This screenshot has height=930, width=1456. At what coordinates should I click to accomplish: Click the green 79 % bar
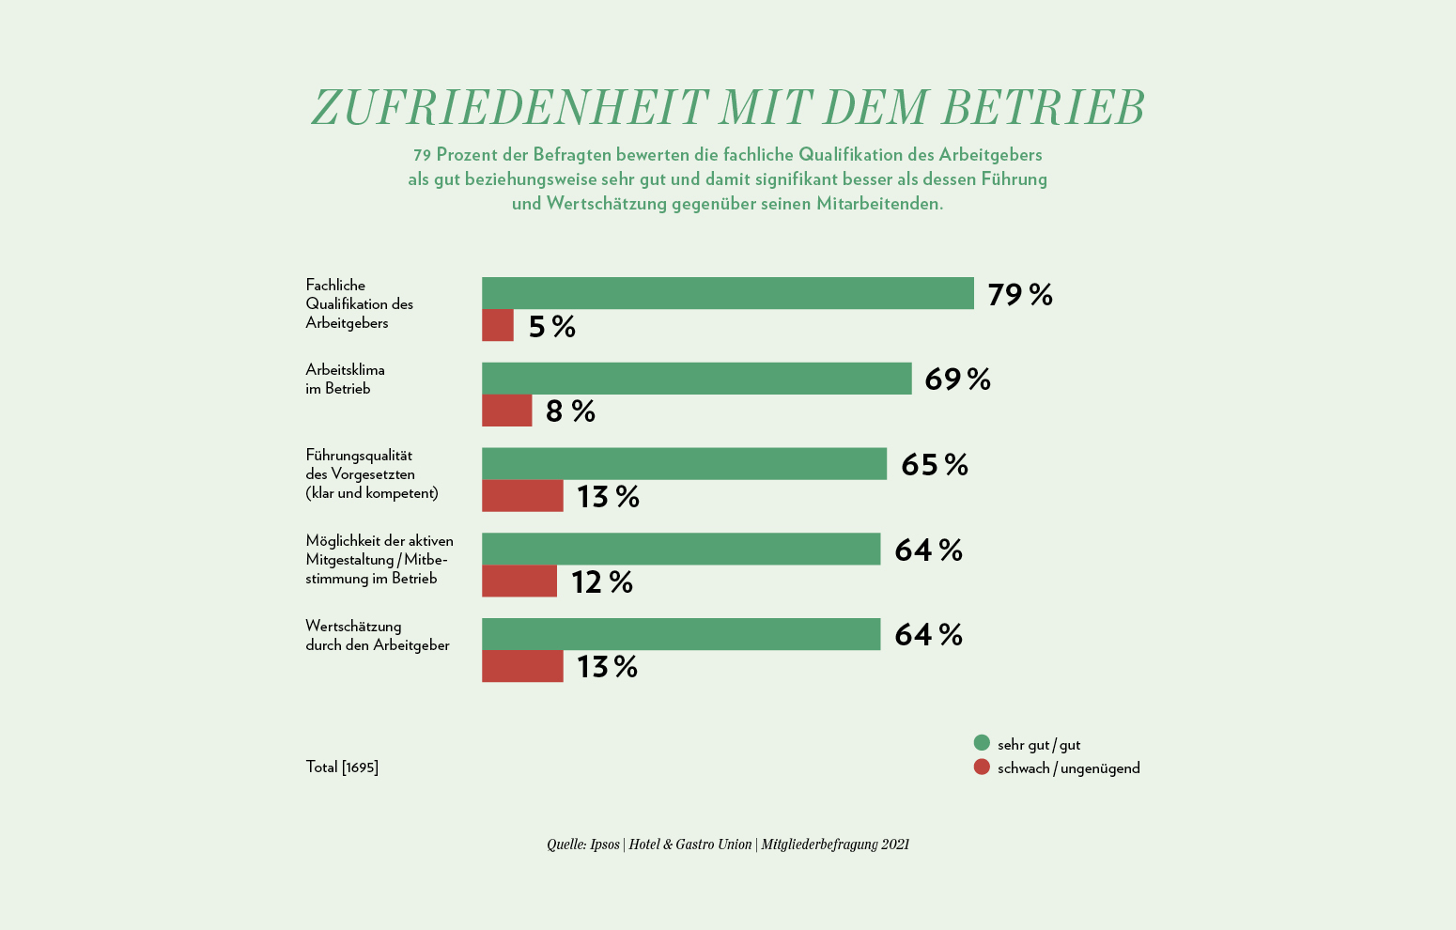click(x=728, y=293)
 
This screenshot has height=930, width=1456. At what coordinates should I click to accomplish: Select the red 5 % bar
click(x=498, y=326)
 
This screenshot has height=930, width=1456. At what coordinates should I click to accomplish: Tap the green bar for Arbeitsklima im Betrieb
click(x=696, y=379)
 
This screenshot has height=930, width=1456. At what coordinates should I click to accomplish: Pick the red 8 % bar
click(x=507, y=411)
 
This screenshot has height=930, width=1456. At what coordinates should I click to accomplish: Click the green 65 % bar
click(x=684, y=464)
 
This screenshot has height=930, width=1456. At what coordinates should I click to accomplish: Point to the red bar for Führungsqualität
click(x=522, y=496)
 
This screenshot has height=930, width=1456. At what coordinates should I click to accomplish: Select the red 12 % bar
click(x=519, y=581)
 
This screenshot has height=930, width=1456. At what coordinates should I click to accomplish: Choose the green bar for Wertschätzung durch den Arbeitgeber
click(x=681, y=634)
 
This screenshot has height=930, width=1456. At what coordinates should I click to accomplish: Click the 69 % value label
click(x=957, y=380)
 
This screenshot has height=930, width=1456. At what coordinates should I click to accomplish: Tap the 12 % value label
click(x=602, y=582)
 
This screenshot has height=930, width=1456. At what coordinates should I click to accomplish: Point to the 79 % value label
click(x=1020, y=295)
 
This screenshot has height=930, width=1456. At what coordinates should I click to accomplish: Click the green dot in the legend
click(x=982, y=743)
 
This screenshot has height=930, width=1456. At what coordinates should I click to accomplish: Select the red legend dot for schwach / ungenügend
click(x=982, y=767)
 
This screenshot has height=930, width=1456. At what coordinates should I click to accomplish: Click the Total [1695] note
click(x=342, y=767)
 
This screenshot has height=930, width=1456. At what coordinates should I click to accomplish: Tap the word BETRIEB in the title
click(x=1043, y=108)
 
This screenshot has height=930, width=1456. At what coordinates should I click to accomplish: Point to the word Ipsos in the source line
click(x=605, y=845)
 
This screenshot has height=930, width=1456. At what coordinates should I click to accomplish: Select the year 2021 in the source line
click(x=895, y=845)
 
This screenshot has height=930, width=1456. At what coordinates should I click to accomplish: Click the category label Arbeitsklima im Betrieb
click(x=345, y=380)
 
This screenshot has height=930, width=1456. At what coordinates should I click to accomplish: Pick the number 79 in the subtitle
click(x=422, y=155)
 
